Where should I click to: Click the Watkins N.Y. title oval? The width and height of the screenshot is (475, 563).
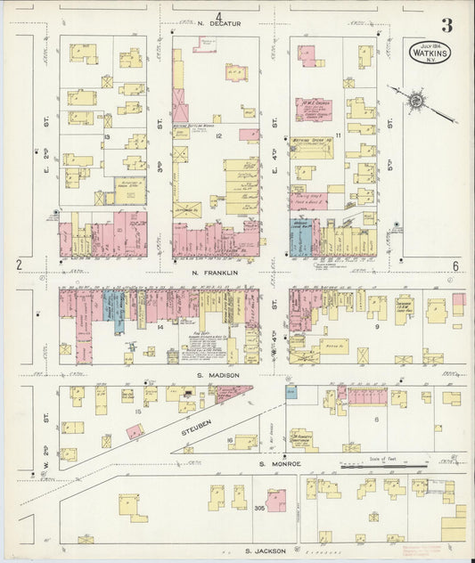point(431,52)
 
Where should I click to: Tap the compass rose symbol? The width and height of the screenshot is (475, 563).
point(414,101)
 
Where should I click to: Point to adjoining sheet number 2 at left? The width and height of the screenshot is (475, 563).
point(19,265)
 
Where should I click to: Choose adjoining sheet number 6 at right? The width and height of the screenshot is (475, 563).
point(455,265)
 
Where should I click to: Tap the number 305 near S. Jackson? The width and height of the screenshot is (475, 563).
point(259,508)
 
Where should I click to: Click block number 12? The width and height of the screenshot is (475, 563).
point(217,136)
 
